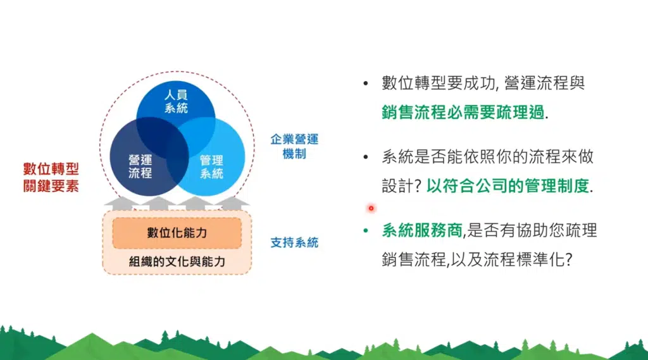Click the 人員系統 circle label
(176, 102)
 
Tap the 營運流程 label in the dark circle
(140, 166)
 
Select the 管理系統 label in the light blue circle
(211, 166)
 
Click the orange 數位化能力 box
(177, 233)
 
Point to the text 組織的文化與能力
(177, 261)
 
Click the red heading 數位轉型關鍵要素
(51, 177)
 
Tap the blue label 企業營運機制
(294, 146)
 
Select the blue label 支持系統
(294, 242)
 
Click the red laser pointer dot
(371, 208)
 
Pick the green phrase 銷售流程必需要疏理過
(463, 113)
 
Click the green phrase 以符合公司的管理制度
(508, 186)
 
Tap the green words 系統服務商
(422, 231)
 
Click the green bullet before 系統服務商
(366, 231)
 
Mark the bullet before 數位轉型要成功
(366, 84)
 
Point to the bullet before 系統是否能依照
(366, 157)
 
